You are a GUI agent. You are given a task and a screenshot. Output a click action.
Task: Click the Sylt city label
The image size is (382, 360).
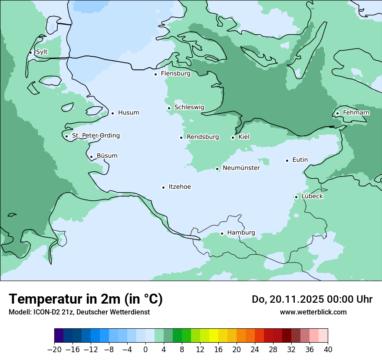coord(42,52)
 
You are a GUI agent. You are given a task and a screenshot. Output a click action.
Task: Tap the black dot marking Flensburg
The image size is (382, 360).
coord(155,74)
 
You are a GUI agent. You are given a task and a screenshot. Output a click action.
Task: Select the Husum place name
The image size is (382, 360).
coord(128,113)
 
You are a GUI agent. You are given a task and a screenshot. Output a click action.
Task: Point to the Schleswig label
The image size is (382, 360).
coord(189,107)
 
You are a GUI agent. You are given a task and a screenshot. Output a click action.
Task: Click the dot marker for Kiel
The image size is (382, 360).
coord(233,137)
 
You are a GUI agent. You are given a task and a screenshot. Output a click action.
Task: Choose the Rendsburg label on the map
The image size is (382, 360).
coord(203,137)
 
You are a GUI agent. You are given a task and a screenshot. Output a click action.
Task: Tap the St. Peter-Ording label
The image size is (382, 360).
coord(95,136)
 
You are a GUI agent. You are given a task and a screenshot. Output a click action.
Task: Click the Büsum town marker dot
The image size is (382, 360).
coord(91,157)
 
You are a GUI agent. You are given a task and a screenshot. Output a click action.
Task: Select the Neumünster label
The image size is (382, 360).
coord(241,168)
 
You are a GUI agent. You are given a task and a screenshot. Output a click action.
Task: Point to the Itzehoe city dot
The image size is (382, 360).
coord(163,187)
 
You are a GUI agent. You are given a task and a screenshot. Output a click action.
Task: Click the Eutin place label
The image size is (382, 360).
coord(300,160)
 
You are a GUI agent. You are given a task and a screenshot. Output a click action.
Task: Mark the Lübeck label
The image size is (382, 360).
coord(312,196)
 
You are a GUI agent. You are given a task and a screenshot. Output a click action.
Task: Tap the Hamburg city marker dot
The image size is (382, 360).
coord(222,233)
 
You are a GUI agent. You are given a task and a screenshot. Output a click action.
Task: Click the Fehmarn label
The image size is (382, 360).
coord(356,113)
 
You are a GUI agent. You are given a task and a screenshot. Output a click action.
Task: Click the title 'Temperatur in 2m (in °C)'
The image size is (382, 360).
coord(86,299)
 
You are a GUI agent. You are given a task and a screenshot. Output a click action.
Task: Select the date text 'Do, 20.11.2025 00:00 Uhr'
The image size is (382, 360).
coord(312,299)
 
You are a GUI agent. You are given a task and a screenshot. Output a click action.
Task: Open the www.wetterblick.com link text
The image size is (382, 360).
coord(313,312)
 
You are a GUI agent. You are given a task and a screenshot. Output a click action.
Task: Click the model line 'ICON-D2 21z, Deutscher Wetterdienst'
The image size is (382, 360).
coord(79,312)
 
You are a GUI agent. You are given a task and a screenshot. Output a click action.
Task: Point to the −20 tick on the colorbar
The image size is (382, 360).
coord(55,350)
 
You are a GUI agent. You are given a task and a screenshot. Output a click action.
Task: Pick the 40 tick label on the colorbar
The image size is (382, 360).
coord(328,350)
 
